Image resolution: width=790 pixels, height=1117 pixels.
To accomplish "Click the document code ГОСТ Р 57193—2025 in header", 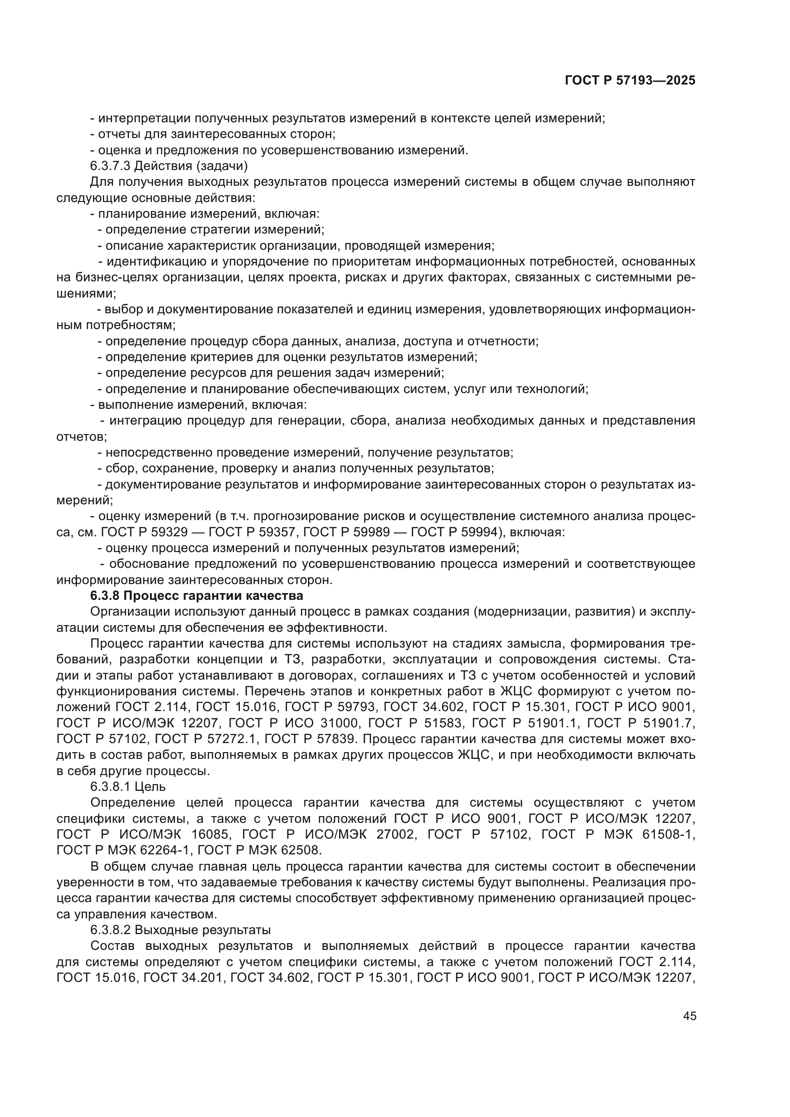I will [x=630, y=81].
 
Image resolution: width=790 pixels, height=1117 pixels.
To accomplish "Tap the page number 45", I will [x=689, y=1016].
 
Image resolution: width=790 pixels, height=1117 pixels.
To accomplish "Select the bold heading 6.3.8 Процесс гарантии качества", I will [x=196, y=596].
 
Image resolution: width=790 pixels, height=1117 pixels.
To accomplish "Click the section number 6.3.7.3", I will [x=110, y=166].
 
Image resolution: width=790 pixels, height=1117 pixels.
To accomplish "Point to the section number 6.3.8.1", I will [x=110, y=787].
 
